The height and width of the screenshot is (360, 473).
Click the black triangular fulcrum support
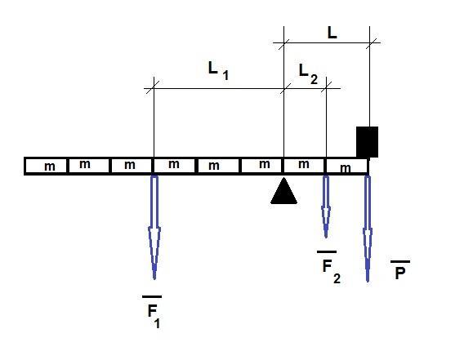point(283,192)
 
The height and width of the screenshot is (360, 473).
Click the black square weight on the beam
point(367,142)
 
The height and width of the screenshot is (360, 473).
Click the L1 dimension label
point(218,71)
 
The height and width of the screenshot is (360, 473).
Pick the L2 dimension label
point(308,74)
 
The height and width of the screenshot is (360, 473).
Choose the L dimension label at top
point(332,33)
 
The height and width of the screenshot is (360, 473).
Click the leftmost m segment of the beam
point(46,166)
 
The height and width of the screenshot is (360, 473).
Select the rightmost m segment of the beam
point(346,167)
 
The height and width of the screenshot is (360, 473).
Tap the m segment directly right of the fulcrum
point(304,166)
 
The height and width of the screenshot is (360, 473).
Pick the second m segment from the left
point(89,166)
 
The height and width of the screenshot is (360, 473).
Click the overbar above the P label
point(400,261)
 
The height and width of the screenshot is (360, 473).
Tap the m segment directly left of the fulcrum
point(261,166)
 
